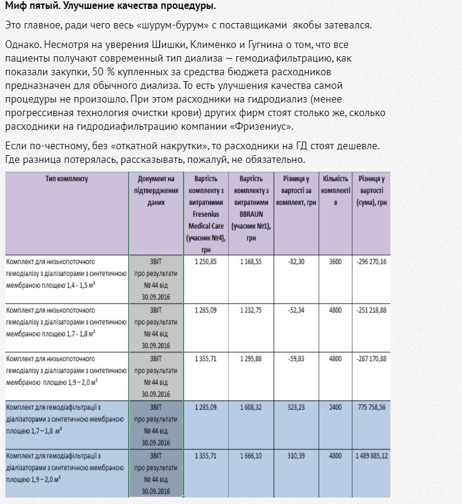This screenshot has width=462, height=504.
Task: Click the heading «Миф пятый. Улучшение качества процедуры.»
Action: [x=110, y=7]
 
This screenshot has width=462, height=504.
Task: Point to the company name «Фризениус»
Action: [x=262, y=126]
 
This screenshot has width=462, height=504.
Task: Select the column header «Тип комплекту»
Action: [x=66, y=179]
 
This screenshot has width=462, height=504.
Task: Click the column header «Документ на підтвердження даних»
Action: [x=156, y=190]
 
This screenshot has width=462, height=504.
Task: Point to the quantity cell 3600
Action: [x=335, y=261]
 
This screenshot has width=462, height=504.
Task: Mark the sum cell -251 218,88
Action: [x=371, y=310]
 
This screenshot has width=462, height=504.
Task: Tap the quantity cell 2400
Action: [x=335, y=407]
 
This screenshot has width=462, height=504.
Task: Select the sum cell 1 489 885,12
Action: [x=371, y=455]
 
